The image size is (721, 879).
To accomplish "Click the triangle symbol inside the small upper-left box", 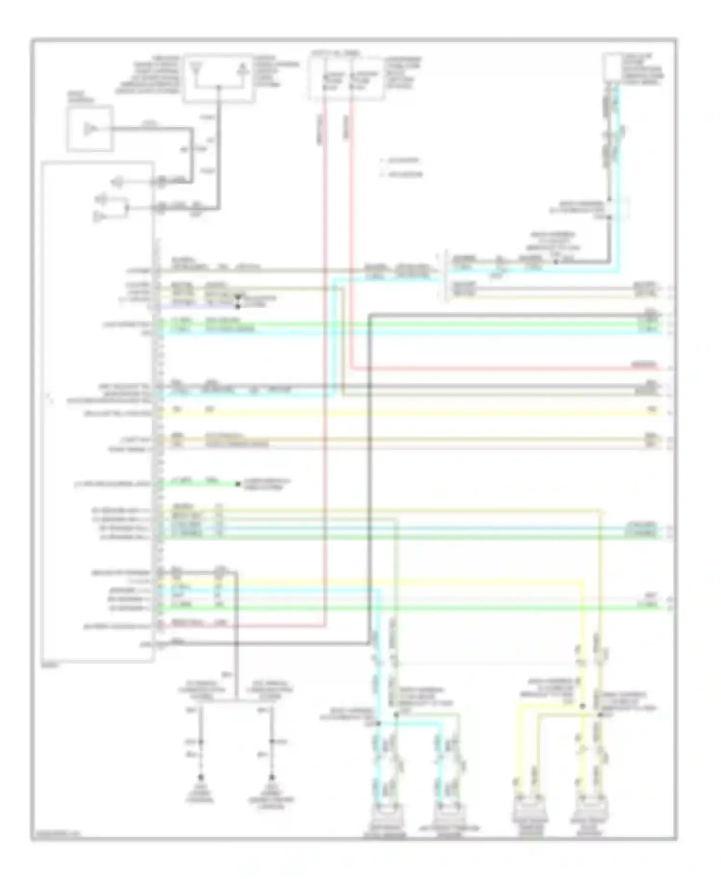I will [x=89, y=129].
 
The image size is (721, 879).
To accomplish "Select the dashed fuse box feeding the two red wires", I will [x=346, y=77].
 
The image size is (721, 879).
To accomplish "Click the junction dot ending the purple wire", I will [x=237, y=306].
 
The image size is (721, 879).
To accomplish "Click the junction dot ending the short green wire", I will [x=237, y=484].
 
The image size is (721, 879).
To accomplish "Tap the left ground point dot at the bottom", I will [x=201, y=777].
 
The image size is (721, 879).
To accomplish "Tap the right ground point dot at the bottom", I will [x=273, y=777].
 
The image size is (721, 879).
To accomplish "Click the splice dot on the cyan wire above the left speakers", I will [x=378, y=723].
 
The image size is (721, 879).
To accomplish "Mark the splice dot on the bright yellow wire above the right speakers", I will [x=582, y=706].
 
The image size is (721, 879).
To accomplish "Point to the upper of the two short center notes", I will [x=401, y=161].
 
